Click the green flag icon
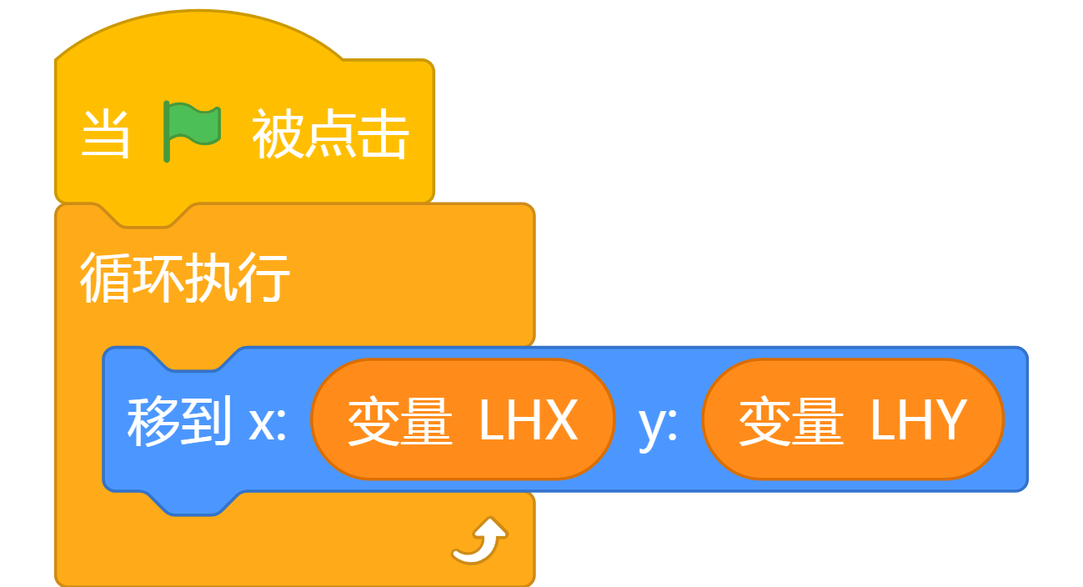click(x=192, y=131)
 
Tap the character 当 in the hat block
click(x=105, y=134)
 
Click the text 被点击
click(x=331, y=134)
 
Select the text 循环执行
click(x=185, y=278)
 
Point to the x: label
click(x=268, y=424)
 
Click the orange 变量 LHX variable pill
click(x=463, y=419)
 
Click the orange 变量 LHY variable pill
click(x=854, y=419)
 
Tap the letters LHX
click(x=529, y=419)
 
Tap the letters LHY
click(x=919, y=419)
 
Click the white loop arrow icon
click(x=479, y=540)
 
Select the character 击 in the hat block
click(x=384, y=134)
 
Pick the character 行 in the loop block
click(x=263, y=278)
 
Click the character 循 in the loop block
click(x=106, y=278)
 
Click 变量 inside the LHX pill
click(x=400, y=420)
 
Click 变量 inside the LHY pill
click(x=791, y=420)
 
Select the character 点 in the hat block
click(x=331, y=134)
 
